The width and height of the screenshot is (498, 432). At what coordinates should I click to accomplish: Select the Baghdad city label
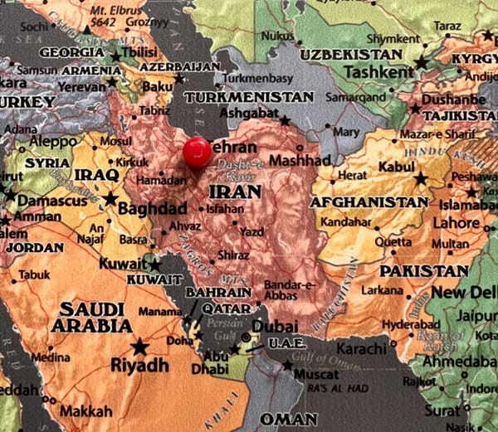[x=152, y=208]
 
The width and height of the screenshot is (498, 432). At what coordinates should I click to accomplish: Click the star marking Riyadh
[x=139, y=346]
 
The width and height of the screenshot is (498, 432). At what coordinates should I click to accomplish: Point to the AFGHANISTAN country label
[x=369, y=201]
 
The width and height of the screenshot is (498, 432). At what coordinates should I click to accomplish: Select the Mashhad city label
[x=300, y=160]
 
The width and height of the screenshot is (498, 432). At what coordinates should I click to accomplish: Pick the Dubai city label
[x=274, y=327]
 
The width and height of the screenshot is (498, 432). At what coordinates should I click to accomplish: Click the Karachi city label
[x=362, y=348]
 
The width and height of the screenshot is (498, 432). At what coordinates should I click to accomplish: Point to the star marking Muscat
[x=287, y=365]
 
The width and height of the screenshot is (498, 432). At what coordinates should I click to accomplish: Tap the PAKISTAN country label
[x=423, y=270]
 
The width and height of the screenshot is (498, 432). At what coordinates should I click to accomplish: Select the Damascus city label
[x=53, y=201]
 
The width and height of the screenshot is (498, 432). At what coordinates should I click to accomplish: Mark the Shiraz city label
[x=232, y=255]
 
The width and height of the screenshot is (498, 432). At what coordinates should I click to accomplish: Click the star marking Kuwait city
[x=155, y=265]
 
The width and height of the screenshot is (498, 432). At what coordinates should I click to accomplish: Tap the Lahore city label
[x=456, y=223]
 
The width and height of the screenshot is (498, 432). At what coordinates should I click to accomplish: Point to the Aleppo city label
[x=53, y=142]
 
